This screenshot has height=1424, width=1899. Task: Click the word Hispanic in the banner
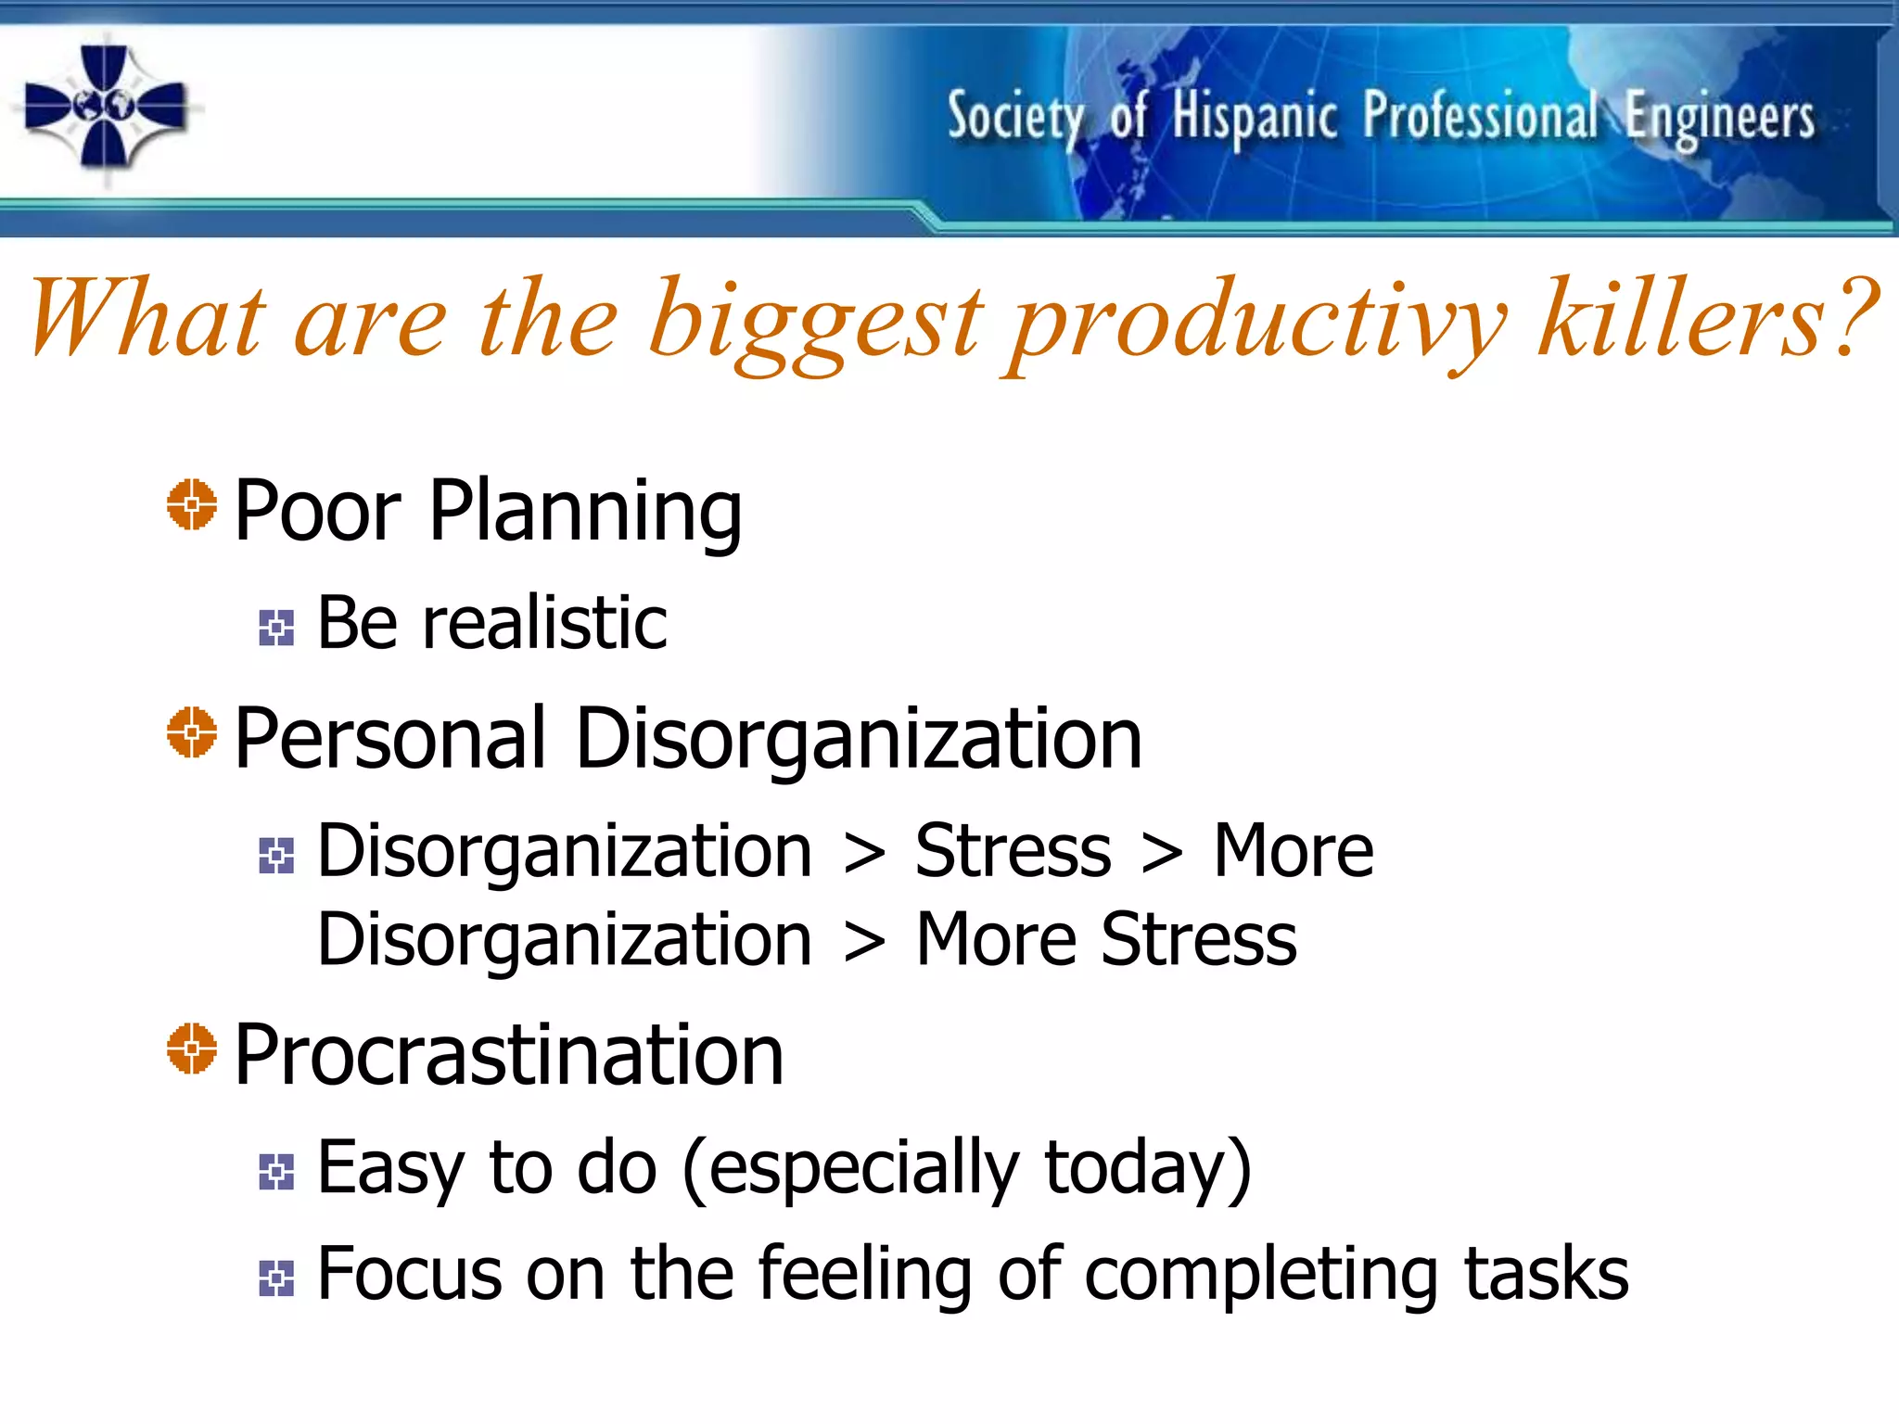pos(1254,119)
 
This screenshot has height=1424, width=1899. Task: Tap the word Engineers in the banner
pos(1719,119)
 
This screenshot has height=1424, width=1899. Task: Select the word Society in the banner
pos(1014,119)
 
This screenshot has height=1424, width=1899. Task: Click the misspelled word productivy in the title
pos(1257,320)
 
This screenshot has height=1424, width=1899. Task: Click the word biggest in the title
pos(814,320)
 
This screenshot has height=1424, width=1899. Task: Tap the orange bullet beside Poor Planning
pos(192,505)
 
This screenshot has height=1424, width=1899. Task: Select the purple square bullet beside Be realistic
pos(276,628)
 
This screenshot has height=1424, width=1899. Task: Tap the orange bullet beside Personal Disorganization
pos(192,732)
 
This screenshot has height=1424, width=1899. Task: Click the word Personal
pos(389,739)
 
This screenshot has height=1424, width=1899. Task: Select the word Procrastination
pos(509,1055)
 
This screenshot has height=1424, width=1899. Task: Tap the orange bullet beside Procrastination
pos(192,1049)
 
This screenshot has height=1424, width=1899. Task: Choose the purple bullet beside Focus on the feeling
pos(276,1278)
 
